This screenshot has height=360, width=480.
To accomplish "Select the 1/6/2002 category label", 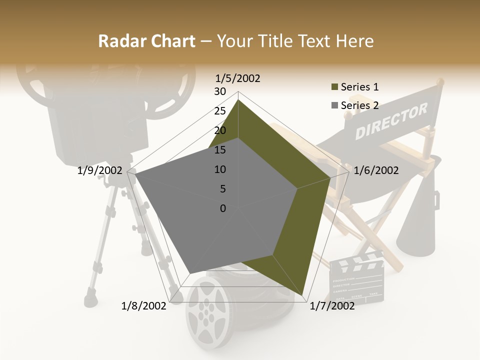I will click(376, 170).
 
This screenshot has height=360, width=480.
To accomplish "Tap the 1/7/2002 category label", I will click(332, 306).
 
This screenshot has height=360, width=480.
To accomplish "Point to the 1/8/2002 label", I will click(144, 306).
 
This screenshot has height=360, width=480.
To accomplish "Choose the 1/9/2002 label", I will click(100, 170).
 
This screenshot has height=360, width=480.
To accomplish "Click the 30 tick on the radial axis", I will click(220, 91).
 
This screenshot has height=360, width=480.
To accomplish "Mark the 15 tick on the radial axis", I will click(220, 150).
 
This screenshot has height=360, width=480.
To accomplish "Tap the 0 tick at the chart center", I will click(223, 208).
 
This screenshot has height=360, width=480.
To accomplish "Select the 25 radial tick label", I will click(220, 111).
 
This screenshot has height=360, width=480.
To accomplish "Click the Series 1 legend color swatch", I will click(334, 87).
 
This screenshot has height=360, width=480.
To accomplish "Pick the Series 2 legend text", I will click(359, 105).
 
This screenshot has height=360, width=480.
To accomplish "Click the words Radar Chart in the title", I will click(146, 41).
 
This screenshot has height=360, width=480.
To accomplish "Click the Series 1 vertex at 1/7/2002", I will click(304, 295).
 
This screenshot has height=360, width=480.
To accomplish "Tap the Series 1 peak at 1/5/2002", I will click(238, 100).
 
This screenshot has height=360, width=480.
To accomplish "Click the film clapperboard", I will click(357, 278).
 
